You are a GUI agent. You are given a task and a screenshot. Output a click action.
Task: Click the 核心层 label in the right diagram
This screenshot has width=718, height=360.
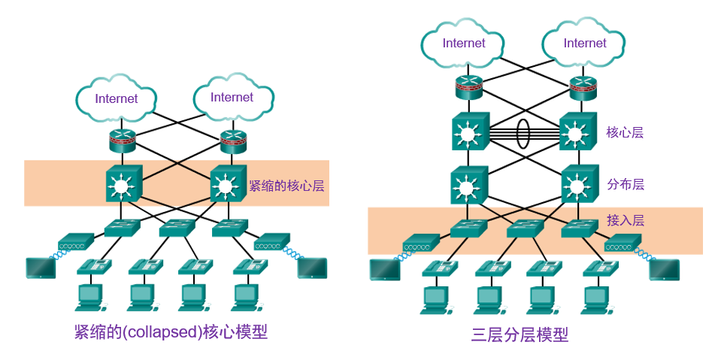coord(625,133)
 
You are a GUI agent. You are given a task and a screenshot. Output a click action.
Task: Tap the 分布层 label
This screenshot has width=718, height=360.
coord(625,184)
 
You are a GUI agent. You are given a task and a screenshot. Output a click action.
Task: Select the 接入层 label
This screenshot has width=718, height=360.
coord(625,220)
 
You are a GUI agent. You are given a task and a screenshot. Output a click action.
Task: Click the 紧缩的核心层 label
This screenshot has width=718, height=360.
coord(286,185)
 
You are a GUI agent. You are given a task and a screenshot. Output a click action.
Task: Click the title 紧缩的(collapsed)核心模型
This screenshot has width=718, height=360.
coord(171,332)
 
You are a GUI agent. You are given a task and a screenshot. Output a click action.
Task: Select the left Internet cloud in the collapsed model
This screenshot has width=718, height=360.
coord(117,98)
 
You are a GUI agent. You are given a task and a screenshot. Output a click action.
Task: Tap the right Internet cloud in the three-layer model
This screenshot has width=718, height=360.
coord(584,44)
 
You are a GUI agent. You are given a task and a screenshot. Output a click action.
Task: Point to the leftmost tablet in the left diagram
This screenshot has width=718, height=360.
coord(40,268)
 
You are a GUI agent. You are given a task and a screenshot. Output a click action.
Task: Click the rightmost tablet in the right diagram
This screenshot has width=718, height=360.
coord(664,270)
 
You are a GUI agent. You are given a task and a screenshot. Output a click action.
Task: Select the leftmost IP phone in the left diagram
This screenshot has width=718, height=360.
coord(95,266)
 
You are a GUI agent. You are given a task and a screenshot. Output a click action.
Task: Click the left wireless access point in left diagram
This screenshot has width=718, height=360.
coord(76,242)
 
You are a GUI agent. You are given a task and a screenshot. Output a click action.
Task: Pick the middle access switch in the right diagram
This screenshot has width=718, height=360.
coord(525,228)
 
